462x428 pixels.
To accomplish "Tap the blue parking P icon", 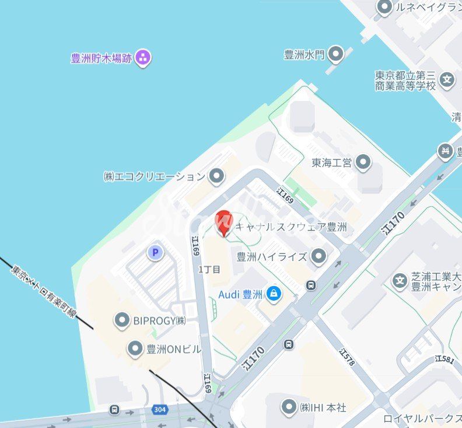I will pyautogui.click(x=155, y=252).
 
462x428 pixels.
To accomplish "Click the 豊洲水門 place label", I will pyautogui.click(x=304, y=55).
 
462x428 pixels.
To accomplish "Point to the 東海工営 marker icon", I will pyautogui.click(x=363, y=162).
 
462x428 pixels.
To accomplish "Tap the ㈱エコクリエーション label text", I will pyautogui.click(x=155, y=176).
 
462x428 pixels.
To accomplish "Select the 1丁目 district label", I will pyautogui.click(x=209, y=269).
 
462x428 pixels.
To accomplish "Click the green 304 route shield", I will pyautogui.click(x=160, y=410).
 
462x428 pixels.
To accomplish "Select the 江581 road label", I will pyautogui.click(x=444, y=360).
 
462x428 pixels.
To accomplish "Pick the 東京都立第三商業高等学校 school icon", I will pyautogui.click(x=447, y=79).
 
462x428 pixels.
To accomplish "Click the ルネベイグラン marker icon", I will pyautogui.click(x=384, y=8).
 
